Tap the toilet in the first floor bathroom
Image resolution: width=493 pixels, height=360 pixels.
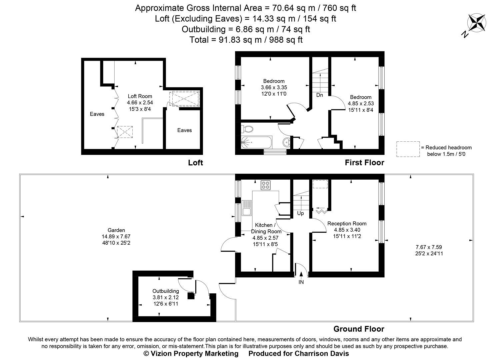pos(248,129)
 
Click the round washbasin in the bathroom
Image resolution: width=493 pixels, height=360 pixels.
pos(286,143)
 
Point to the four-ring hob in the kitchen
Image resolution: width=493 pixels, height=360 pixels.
pos(265,185)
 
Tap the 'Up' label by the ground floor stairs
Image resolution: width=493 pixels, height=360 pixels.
pos(300,213)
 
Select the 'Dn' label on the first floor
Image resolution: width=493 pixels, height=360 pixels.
pos(319,95)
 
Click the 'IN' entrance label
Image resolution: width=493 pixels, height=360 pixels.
pos(301,282)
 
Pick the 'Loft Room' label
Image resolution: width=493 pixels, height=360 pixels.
pos(140,96)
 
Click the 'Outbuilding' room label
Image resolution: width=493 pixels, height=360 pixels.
pos(166,291)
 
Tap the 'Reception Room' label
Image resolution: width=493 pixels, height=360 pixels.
pos(347,224)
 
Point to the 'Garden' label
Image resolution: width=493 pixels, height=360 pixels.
pos(116,230)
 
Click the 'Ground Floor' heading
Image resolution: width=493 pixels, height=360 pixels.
pos(359,329)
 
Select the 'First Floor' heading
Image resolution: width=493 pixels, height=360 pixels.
pos(364,163)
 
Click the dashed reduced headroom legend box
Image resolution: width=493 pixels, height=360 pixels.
pos(408,149)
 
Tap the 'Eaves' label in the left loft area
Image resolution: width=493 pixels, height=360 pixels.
pos(97,114)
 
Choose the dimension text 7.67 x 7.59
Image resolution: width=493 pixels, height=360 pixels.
pos(429,247)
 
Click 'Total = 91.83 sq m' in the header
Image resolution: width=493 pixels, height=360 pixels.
pos(246,40)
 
